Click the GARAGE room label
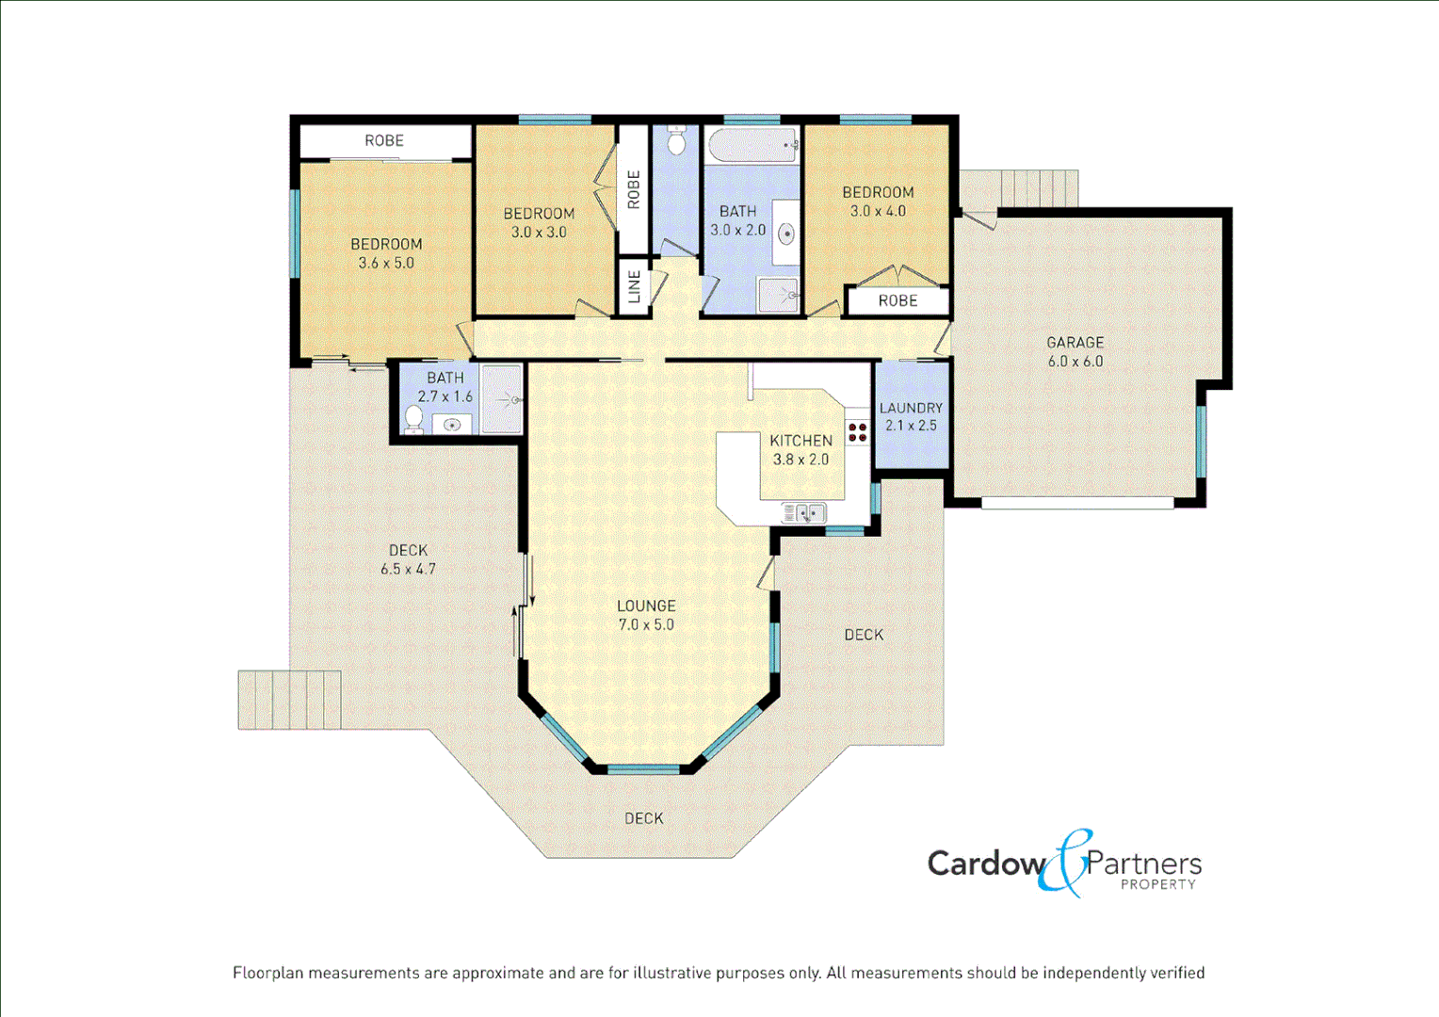click(1075, 343)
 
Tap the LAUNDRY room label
click(911, 408)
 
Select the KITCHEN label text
click(800, 441)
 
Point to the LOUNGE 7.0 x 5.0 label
click(646, 615)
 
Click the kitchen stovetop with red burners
click(857, 432)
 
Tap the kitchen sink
click(803, 513)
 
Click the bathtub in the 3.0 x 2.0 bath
click(752, 146)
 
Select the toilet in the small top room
click(676, 142)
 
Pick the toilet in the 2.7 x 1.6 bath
click(413, 417)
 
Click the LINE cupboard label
click(634, 286)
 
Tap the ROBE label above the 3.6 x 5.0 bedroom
click(384, 140)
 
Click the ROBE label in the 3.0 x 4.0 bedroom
click(897, 300)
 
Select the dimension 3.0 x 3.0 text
click(539, 233)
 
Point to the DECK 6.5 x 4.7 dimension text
click(408, 569)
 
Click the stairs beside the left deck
click(289, 700)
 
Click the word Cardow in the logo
click(985, 864)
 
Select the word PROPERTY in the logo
click(1157, 885)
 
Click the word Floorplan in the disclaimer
click(268, 973)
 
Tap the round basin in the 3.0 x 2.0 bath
click(785, 233)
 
